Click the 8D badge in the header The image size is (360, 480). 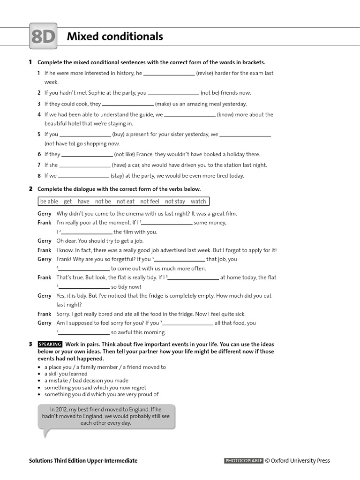click(43, 36)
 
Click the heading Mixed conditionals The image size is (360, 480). click(115, 37)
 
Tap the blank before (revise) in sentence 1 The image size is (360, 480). click(169, 74)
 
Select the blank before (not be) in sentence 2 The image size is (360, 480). click(173, 93)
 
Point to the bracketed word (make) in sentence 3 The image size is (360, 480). click(164, 104)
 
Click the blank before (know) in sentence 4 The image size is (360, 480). click(190, 115)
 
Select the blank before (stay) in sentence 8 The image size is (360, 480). click(83, 176)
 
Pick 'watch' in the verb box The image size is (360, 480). click(198, 202)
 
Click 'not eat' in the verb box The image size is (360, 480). click(126, 202)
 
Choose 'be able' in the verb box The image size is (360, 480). click(49, 202)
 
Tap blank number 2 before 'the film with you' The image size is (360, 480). click(87, 232)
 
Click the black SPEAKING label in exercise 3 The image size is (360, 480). click(50, 345)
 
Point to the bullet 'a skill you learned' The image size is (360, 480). click(66, 374)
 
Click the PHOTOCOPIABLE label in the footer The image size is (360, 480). click(244, 461)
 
